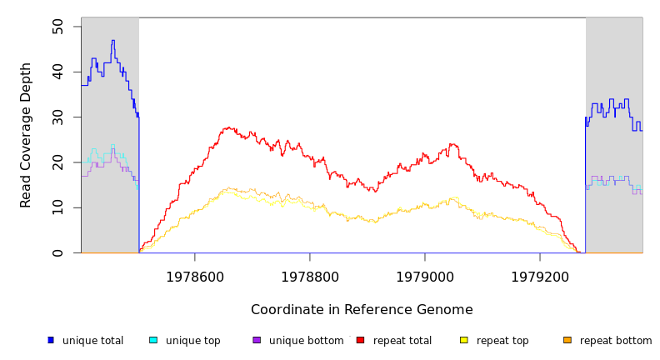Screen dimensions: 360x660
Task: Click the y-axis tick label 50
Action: [57, 27]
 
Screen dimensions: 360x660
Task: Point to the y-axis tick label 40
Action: [57, 72]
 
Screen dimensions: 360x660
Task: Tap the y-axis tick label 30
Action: [57, 117]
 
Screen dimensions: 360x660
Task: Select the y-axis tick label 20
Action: [57, 162]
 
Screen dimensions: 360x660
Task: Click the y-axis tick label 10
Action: [57, 207]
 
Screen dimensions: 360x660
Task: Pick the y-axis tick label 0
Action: [57, 252]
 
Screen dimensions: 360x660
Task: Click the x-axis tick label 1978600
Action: [195, 277]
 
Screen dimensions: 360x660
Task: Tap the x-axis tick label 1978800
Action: [310, 277]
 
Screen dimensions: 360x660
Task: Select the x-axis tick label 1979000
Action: [425, 277]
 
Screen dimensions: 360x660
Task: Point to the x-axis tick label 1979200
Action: [540, 277]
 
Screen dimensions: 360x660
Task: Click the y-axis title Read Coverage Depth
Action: [27, 135]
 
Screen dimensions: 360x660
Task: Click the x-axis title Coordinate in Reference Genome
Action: [362, 310]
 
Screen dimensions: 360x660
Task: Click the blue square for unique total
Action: [51, 340]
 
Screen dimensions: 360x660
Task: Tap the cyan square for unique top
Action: [153, 340]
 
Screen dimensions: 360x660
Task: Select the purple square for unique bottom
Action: [257, 340]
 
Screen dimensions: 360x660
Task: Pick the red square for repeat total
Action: [360, 340]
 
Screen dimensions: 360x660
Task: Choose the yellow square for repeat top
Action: [464, 340]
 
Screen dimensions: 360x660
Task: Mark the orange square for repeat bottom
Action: [567, 340]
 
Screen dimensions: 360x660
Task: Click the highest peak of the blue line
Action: [112, 40]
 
